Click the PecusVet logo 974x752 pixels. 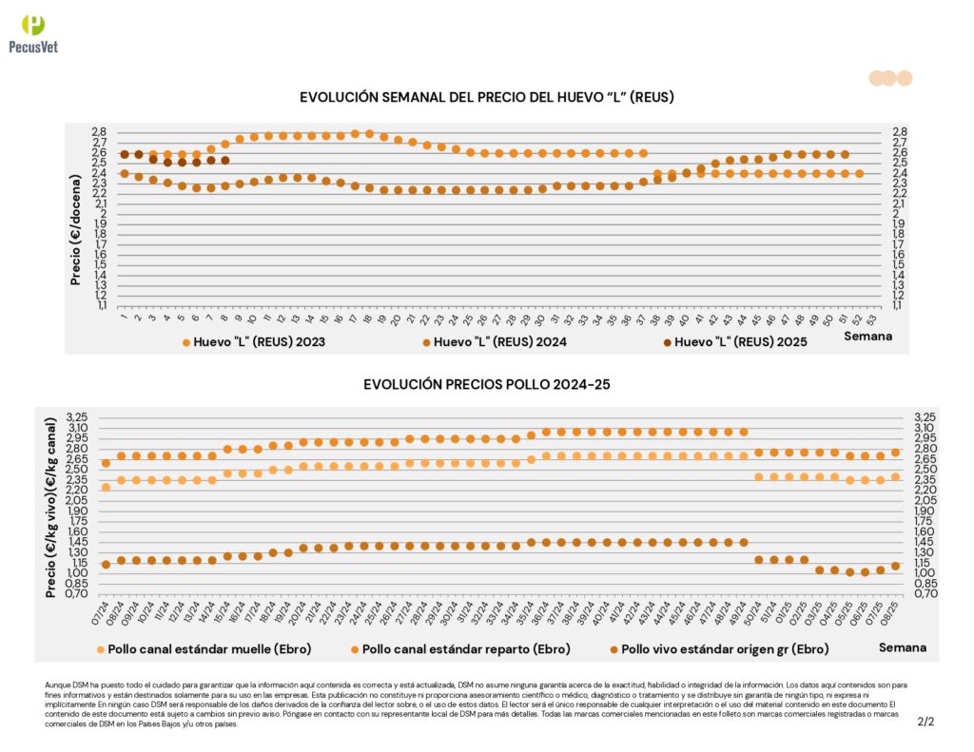coord(33,34)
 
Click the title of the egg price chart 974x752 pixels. coord(487,97)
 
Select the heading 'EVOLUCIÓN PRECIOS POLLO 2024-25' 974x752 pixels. coord(487,384)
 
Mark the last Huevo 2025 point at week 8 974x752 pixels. coord(225,161)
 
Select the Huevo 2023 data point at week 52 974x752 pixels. coord(859,173)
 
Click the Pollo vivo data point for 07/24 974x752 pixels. coord(106,565)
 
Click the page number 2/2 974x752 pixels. coord(925,722)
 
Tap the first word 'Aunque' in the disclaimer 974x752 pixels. coord(56,685)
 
